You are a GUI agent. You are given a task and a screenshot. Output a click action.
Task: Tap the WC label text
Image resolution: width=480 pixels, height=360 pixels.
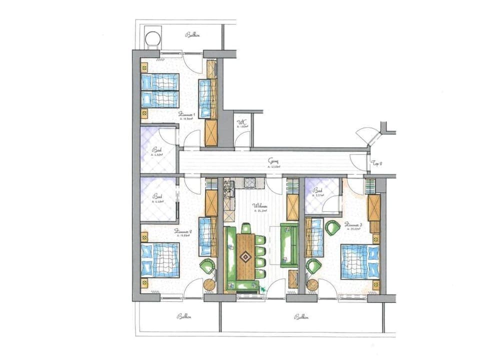(241, 122)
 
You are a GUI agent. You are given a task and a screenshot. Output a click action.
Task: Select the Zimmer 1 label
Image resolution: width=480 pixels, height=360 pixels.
(186, 114)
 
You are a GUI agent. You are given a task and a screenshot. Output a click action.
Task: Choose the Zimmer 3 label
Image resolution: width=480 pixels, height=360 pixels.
(352, 225)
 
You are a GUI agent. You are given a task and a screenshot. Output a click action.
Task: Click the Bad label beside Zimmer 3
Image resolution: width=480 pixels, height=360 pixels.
(317, 190)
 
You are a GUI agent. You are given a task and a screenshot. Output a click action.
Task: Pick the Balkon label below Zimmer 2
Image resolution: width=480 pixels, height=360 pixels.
(184, 316)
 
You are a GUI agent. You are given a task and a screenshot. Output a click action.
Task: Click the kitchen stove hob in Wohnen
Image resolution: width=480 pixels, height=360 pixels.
(248, 182)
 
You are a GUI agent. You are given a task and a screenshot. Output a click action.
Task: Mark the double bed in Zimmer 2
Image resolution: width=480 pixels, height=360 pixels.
(159, 259)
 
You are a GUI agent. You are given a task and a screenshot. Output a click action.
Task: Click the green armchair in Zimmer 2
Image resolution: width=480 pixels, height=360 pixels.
(206, 266)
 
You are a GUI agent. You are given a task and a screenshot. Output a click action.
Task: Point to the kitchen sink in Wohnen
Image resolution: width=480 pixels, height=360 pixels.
(230, 189)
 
